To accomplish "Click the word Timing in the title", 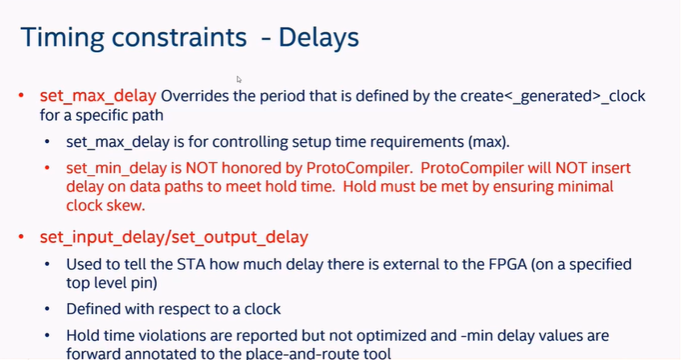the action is [63, 37].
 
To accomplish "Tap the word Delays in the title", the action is [318, 37].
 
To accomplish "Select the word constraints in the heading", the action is [179, 37].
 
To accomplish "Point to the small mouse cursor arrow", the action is [239, 80].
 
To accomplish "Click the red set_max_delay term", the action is [98, 96].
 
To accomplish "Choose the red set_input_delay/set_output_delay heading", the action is [174, 238].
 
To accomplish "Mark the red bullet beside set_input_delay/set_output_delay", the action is [21, 237].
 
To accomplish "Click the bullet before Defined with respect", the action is [47, 309].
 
